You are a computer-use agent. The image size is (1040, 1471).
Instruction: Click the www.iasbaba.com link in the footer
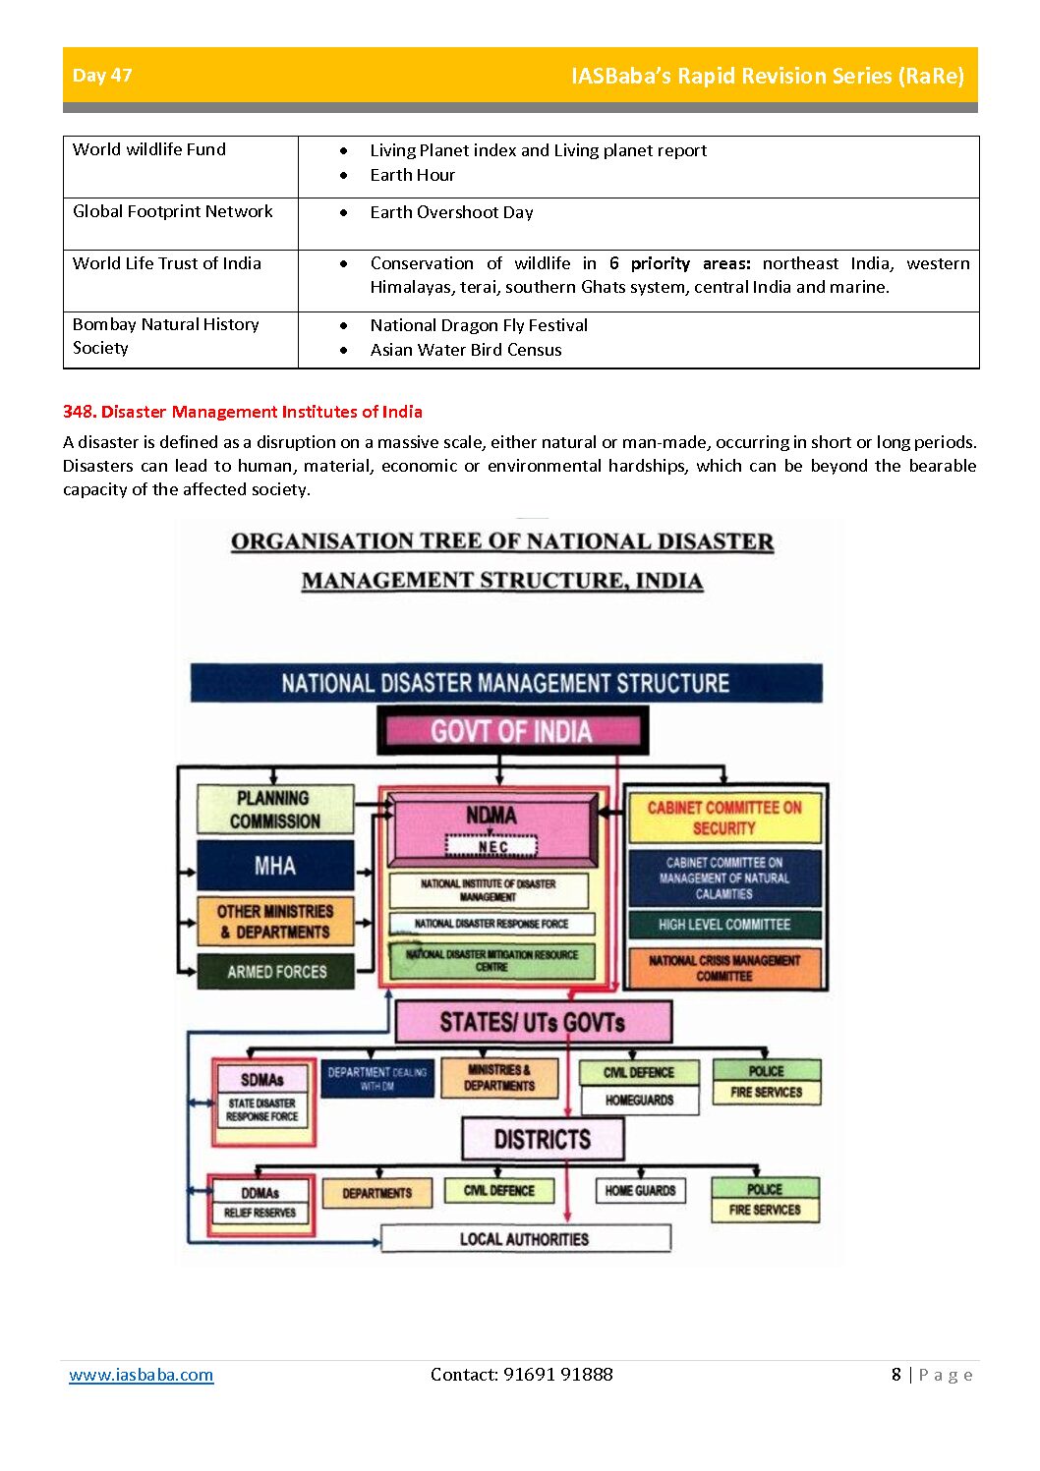point(141,1375)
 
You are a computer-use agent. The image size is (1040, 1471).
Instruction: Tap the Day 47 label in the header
point(102,75)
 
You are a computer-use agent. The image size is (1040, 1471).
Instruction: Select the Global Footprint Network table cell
point(173,211)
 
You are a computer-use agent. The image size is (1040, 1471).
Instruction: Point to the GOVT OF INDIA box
point(511,731)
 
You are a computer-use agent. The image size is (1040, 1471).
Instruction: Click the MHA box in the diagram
point(275,866)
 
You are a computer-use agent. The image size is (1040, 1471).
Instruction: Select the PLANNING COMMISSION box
point(275,810)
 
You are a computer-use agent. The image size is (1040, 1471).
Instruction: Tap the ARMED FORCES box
point(276,972)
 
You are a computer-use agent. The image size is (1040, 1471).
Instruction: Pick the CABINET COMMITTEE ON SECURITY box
point(724,818)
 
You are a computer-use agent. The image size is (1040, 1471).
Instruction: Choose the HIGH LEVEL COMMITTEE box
point(724,925)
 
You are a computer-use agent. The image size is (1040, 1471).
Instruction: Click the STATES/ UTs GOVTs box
point(533,1023)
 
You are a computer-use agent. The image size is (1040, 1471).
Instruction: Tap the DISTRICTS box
point(543,1140)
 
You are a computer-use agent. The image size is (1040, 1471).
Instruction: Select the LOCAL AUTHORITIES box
point(525,1239)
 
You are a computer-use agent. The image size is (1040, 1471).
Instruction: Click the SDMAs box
point(262,1080)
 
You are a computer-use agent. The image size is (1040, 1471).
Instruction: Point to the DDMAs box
point(260,1193)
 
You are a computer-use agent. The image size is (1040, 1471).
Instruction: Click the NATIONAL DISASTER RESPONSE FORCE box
point(491,924)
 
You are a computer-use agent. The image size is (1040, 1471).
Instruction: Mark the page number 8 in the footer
point(896,1375)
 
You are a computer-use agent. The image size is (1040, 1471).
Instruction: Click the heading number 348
point(79,412)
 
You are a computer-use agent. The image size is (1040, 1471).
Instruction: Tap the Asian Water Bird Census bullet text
point(466,350)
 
